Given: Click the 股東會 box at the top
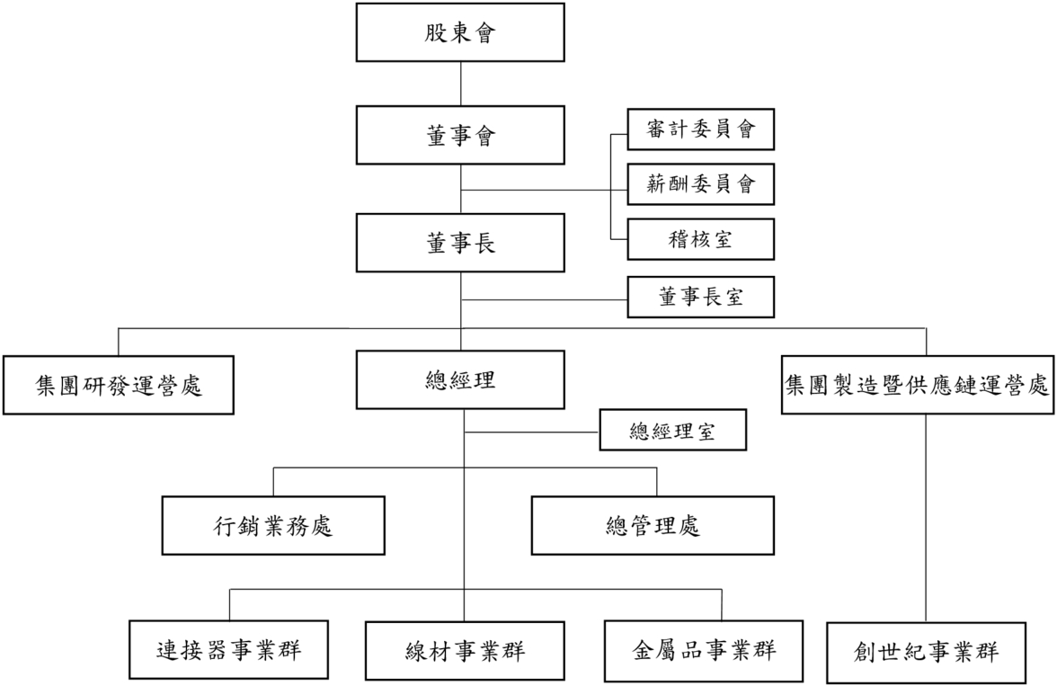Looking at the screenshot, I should click(460, 34).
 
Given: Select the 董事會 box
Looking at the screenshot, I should click(460, 136).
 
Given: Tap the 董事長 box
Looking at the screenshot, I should click(460, 243).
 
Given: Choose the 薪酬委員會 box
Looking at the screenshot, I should click(699, 185).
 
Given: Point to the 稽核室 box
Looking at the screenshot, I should click(699, 240).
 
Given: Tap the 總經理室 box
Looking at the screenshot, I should click(672, 432).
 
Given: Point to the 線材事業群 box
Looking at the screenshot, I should click(464, 650).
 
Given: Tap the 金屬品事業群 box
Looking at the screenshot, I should click(703, 649).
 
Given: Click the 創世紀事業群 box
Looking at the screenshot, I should click(926, 650).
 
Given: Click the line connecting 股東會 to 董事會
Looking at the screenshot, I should click(460, 85).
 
